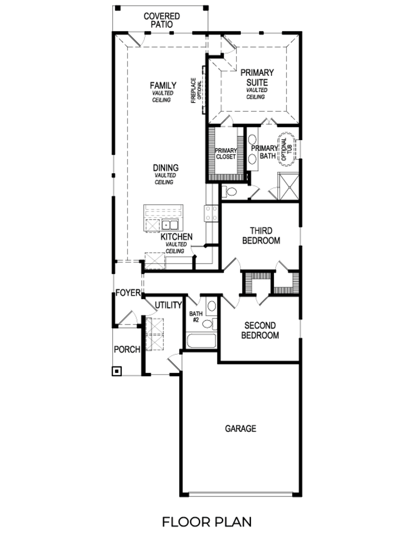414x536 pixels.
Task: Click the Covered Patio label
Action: click(x=161, y=20)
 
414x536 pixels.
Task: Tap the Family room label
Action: click(x=163, y=85)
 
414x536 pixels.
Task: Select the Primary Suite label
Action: click(x=257, y=77)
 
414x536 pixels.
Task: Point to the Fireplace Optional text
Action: click(x=196, y=90)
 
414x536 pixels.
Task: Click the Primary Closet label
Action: click(x=226, y=154)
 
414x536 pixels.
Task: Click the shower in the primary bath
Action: click(x=288, y=186)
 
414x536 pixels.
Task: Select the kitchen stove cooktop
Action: click(x=211, y=213)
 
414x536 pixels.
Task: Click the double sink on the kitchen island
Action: click(x=170, y=225)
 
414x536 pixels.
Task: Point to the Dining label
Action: click(x=166, y=168)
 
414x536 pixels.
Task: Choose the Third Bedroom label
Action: click(x=261, y=236)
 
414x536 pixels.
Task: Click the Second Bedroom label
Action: click(x=260, y=330)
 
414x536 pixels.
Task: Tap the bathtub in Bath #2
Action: click(x=201, y=341)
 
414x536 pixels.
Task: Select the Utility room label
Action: click(x=168, y=305)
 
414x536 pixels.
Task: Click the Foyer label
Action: click(x=128, y=293)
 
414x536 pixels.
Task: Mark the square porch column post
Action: click(x=117, y=371)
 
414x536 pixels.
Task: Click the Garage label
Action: click(x=241, y=428)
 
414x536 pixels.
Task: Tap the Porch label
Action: click(x=127, y=349)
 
